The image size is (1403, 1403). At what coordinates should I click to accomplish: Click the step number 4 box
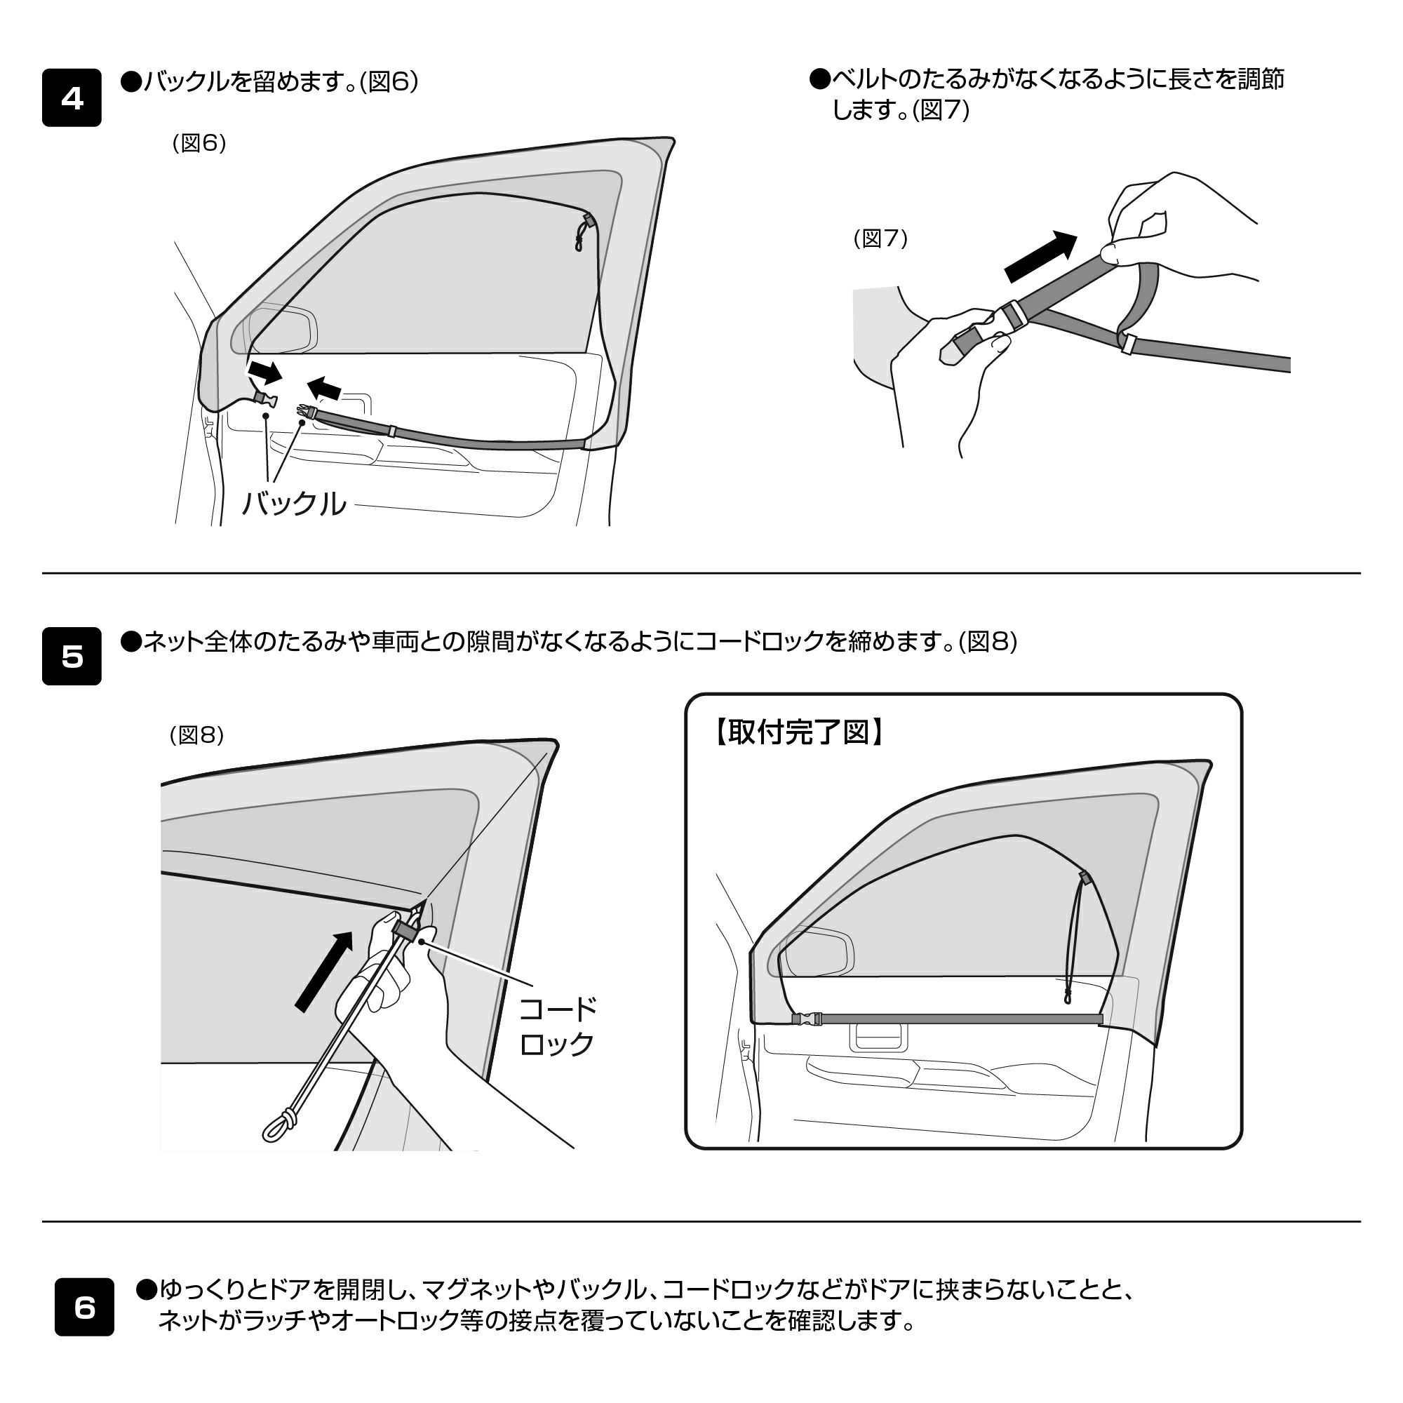coord(71,98)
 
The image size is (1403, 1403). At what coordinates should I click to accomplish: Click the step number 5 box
coord(71,657)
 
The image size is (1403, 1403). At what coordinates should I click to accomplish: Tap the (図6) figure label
coord(199,143)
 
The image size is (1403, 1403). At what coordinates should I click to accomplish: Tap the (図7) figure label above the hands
coord(880,239)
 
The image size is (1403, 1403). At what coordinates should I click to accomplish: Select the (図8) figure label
coord(196,736)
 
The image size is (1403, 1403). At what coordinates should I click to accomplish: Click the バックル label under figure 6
coord(293,503)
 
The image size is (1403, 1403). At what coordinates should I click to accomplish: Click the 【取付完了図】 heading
coord(798,733)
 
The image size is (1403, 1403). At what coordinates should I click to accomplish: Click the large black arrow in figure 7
coord(1040,256)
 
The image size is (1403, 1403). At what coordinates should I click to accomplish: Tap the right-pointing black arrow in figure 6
coord(264,372)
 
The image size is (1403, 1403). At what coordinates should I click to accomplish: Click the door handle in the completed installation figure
coord(880,1035)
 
